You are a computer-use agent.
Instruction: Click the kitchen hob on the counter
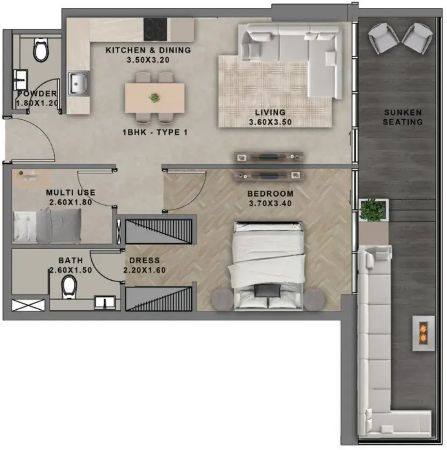[155, 29]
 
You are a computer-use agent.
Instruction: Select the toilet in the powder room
[41, 50]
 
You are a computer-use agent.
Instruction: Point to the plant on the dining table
[155, 98]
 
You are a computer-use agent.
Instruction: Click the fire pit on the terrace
[423, 333]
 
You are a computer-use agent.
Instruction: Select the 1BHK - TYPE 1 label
[155, 132]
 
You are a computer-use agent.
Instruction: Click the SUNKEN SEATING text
[403, 117]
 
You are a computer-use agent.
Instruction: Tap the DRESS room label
[144, 260]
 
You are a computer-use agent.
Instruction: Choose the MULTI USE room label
[71, 193]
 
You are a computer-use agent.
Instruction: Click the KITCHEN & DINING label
[148, 50]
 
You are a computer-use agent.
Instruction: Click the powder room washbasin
[21, 79]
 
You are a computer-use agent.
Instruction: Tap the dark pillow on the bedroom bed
[267, 290]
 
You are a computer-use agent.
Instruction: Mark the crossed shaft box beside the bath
[29, 305]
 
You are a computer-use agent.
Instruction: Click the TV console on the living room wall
[268, 157]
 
